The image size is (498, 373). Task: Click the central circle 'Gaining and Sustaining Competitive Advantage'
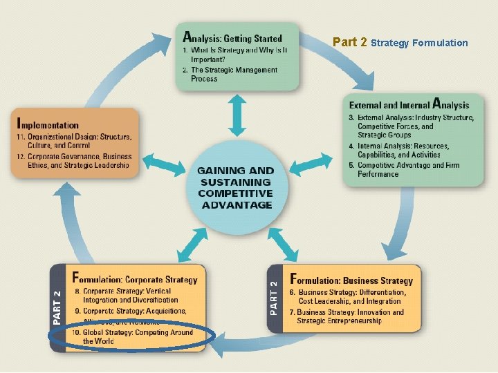[235, 187]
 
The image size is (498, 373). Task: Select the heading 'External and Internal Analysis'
[409, 105]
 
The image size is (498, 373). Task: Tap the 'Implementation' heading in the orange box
[48, 125]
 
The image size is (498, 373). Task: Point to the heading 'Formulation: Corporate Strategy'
[135, 280]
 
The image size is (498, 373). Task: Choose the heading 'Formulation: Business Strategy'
[351, 280]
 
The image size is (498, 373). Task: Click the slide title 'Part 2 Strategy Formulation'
[400, 43]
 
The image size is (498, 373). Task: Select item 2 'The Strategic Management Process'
[233, 75]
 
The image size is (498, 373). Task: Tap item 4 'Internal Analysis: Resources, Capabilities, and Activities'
[408, 151]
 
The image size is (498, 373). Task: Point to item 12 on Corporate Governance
[73, 161]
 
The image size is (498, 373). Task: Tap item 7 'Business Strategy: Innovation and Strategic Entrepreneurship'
[350, 316]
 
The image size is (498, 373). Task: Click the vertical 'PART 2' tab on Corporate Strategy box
[57, 307]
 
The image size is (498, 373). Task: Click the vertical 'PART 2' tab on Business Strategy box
[275, 298]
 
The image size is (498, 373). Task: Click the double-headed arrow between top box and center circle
[238, 115]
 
